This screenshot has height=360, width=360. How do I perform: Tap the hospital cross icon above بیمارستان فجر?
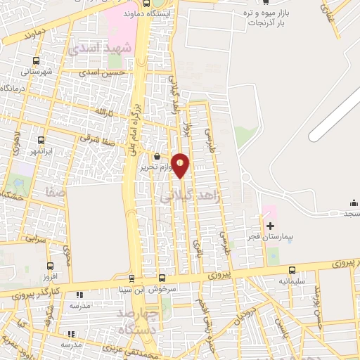(270, 226)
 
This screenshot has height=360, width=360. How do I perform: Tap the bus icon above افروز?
(49, 266)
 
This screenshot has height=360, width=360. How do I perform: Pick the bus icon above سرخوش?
(162, 278)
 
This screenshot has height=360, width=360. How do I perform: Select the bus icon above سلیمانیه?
(292, 270)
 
